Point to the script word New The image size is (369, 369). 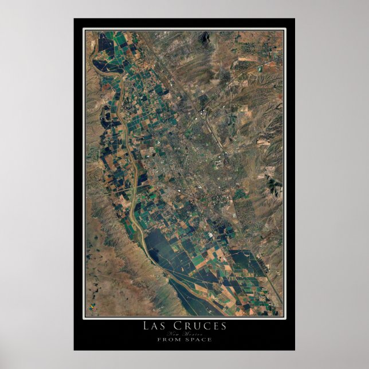(174, 333)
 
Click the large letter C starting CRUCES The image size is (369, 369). (174, 326)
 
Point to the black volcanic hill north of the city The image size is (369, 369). (203, 39)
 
